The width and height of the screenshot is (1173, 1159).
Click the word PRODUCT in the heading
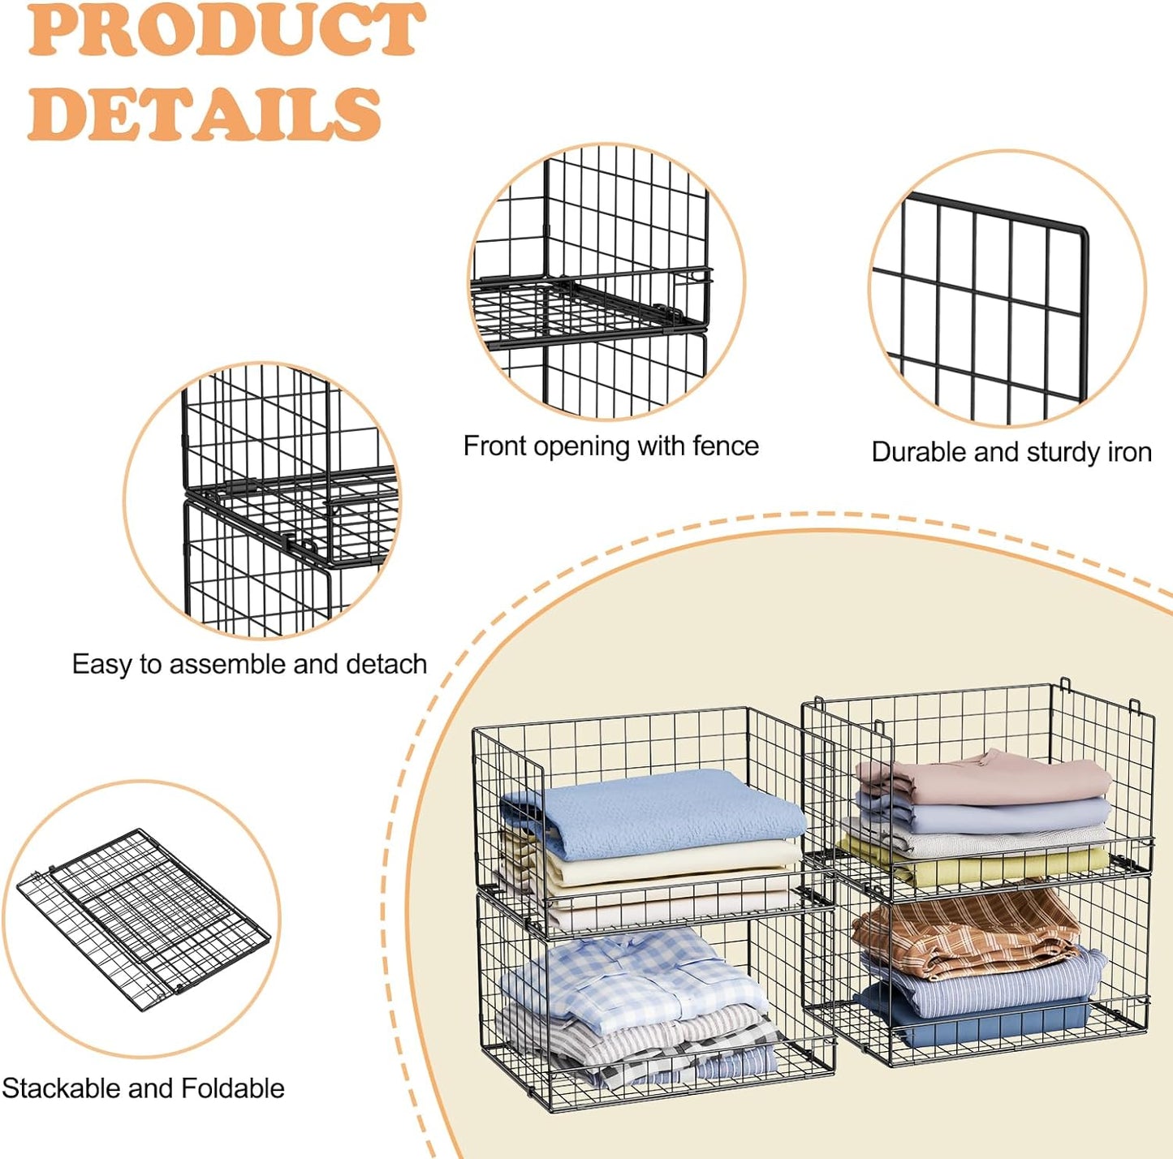226,31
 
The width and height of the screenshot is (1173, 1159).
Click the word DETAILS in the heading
205,114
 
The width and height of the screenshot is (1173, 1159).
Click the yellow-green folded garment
974,865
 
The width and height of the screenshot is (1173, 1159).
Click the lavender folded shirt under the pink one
983,812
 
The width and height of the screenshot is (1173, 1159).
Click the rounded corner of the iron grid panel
1081,231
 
